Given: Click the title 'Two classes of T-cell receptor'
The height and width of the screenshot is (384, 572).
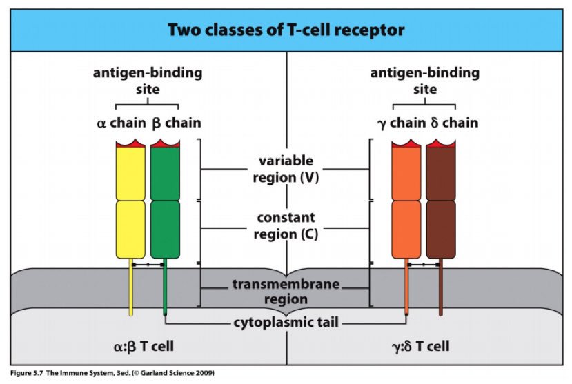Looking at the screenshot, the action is coord(286,30).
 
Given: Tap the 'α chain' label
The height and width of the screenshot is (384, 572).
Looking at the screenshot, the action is coord(121,123).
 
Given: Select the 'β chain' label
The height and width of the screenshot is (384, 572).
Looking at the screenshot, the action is coord(177,123).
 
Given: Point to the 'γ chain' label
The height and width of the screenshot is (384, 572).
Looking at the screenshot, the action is coord(402,123).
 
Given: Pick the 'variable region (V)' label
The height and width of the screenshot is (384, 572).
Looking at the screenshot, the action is coord(286,169).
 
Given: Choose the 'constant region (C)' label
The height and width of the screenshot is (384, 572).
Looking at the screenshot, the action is coord(286,226).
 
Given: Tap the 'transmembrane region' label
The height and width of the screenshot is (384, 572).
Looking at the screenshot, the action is coord(286,292).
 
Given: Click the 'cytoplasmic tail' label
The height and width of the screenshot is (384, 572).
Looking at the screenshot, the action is coord(286,323).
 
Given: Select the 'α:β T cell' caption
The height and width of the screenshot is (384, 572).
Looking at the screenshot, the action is coord(144,346).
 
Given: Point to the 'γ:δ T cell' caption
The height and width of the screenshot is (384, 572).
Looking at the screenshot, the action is coord(421,346).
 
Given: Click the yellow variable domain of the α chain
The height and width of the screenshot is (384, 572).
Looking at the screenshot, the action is coord(130,173).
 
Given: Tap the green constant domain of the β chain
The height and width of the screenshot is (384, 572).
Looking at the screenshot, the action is coord(166,230).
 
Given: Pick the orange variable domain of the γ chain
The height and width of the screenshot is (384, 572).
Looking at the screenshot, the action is coord(406,173).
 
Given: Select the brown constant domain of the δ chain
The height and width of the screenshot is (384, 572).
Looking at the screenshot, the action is coord(441,230).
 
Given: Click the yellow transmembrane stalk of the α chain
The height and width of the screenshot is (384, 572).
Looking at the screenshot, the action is coord(130,287).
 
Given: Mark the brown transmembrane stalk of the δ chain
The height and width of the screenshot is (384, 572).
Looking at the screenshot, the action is coord(441,287).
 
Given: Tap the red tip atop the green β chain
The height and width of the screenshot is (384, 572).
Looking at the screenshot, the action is coord(166,143).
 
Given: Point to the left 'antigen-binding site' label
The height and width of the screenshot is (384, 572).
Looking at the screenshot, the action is coord(148,81).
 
